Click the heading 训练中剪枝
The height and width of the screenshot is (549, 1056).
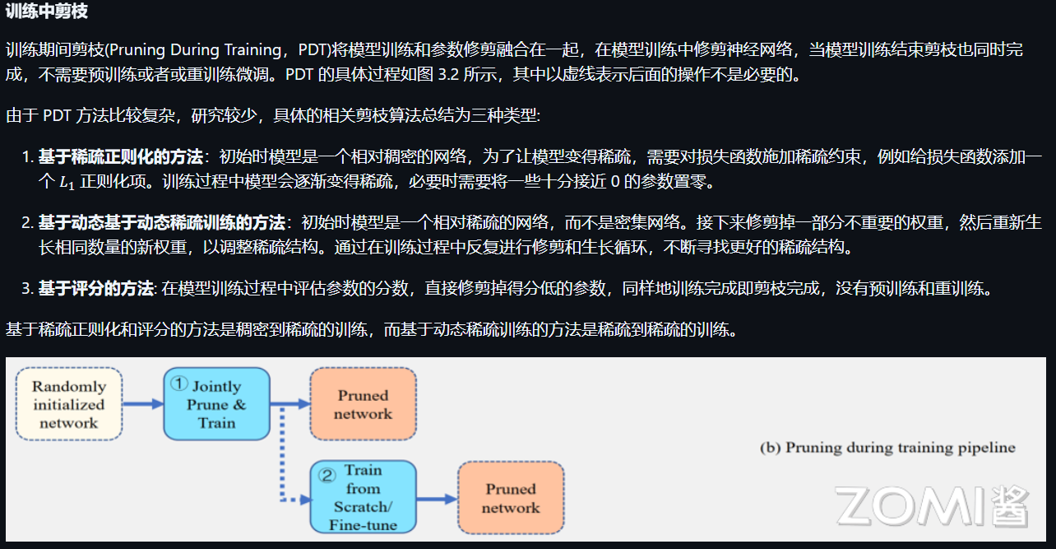(47, 12)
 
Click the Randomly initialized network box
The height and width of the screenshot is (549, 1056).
(68, 404)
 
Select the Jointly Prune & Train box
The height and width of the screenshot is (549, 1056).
(216, 404)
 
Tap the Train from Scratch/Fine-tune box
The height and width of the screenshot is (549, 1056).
(363, 497)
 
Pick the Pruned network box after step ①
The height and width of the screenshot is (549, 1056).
(363, 404)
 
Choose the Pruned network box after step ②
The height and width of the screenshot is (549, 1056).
(510, 498)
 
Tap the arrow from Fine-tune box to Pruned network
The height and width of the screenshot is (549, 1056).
(437, 498)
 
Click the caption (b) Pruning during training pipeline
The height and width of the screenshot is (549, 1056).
(887, 449)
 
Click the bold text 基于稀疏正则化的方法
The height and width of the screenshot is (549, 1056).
(120, 157)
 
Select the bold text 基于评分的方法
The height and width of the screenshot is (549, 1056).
(95, 289)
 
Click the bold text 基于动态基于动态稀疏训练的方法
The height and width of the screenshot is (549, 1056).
(161, 223)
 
